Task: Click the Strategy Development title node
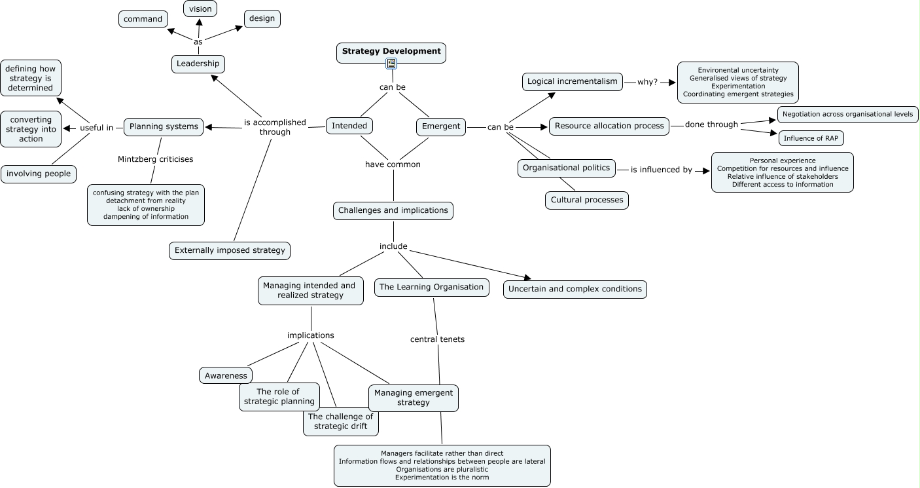click(x=391, y=51)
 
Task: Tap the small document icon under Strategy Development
click(x=391, y=64)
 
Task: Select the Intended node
click(x=349, y=126)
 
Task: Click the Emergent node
click(x=441, y=126)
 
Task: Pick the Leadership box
click(x=198, y=64)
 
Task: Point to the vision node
click(x=200, y=9)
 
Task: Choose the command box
click(x=143, y=19)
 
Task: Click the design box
click(x=262, y=18)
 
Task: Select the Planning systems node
click(x=164, y=126)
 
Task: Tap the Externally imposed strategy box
click(x=230, y=250)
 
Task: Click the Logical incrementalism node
click(x=573, y=82)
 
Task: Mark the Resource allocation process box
click(x=609, y=126)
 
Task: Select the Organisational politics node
click(x=567, y=168)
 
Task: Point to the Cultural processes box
click(x=587, y=200)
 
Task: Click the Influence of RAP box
click(x=811, y=138)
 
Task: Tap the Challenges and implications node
click(x=393, y=210)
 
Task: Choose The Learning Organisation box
click(x=432, y=287)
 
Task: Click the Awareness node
click(x=226, y=375)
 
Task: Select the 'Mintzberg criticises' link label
click(x=156, y=159)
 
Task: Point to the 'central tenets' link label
click(x=437, y=339)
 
